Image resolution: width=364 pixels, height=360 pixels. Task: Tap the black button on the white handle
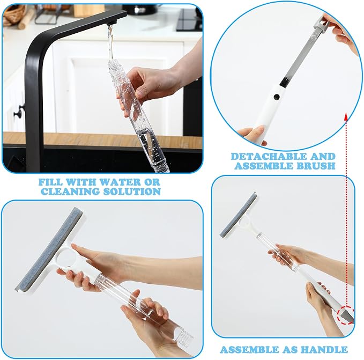click(276, 97)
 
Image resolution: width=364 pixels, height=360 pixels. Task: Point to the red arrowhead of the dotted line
click(346, 116)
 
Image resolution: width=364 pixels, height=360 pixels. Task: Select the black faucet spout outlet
click(112, 23)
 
